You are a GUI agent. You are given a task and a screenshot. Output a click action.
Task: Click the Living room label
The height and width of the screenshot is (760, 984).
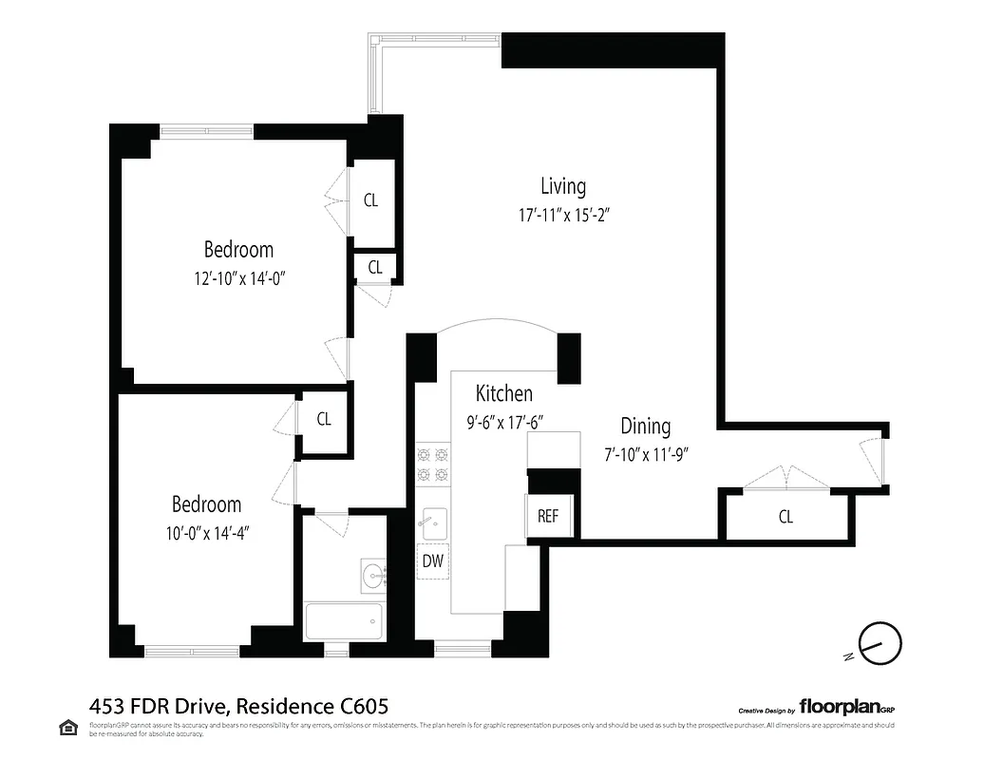coord(563,186)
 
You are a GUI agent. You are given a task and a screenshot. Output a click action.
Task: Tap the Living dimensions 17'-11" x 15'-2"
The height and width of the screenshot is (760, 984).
coord(563,215)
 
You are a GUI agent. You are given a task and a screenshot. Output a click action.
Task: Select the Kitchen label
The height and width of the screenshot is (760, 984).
coord(503,393)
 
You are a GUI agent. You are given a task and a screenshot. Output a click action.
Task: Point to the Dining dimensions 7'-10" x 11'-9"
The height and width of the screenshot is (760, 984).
coord(645,454)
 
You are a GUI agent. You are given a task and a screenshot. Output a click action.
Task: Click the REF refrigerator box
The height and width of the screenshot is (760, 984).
coord(548,516)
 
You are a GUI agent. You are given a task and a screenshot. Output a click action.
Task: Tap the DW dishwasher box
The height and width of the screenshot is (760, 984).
coord(432,560)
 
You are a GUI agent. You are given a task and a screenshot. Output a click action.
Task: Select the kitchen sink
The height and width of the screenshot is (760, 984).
coord(434,522)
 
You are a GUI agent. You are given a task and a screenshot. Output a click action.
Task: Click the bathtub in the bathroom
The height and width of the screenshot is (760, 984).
coord(344,622)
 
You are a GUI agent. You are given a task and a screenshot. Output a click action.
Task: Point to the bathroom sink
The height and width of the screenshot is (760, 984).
coord(372,575)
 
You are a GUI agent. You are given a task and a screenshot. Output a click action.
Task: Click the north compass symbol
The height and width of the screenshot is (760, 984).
coord(879,643)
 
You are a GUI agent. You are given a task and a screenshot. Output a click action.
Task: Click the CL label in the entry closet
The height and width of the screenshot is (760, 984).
coord(785,517)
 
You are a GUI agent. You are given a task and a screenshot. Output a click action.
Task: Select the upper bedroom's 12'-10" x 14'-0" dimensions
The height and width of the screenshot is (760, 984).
coord(238,279)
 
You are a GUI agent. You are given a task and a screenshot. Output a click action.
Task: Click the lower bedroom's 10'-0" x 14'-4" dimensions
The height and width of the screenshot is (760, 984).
coord(206,533)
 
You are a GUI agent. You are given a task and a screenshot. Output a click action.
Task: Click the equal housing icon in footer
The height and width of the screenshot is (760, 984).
coord(68,728)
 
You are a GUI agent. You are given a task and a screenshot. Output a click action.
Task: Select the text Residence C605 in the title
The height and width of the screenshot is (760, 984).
coord(312,706)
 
